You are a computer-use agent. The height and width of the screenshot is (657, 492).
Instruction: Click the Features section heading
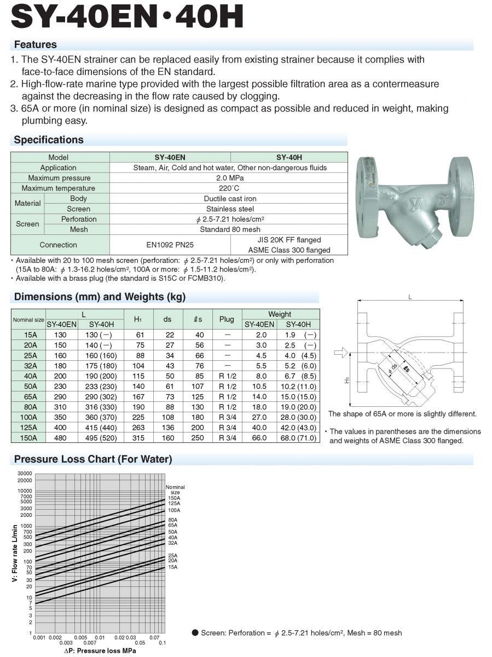click(x=36, y=44)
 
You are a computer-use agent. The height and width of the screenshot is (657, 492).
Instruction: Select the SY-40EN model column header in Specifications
click(x=170, y=157)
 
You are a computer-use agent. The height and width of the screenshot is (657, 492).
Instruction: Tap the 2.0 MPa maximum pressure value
click(x=229, y=178)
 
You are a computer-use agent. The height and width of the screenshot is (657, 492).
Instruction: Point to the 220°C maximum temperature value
click(x=229, y=188)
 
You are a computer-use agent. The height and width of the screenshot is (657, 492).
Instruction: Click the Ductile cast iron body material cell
click(x=229, y=199)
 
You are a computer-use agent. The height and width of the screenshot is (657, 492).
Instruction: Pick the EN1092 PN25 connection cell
click(x=170, y=245)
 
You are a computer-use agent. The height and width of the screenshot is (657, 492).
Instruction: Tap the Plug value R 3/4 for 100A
click(x=227, y=417)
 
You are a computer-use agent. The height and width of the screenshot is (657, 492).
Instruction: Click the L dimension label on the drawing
click(x=409, y=297)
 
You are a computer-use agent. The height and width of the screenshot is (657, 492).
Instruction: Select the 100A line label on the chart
click(x=173, y=510)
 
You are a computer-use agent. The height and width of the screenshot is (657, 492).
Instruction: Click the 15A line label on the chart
click(x=172, y=567)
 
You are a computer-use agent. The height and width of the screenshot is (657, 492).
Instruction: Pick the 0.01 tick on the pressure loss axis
click(x=100, y=638)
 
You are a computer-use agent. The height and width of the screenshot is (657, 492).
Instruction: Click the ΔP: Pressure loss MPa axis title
click(x=100, y=651)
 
